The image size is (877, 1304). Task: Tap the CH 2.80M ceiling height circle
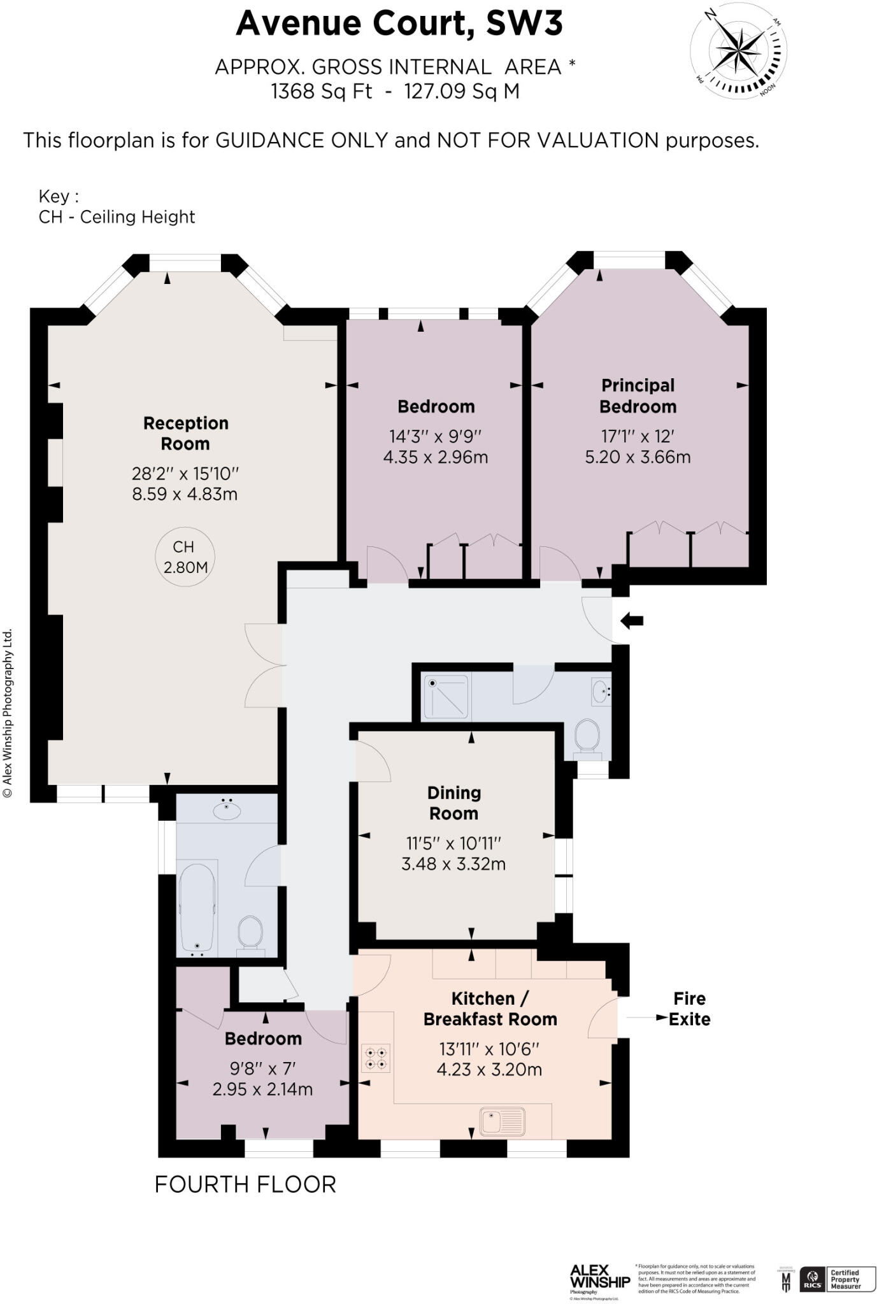tap(185, 556)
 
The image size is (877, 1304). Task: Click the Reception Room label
tap(185, 433)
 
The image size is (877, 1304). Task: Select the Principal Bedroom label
tap(638, 395)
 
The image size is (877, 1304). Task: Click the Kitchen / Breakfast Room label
tap(490, 1009)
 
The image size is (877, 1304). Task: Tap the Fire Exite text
tap(689, 1009)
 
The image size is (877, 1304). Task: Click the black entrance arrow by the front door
tap(632, 620)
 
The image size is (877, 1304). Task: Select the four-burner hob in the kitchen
tap(375, 1058)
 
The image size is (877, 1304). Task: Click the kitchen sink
tap(503, 1121)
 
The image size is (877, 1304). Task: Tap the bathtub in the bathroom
tap(197, 907)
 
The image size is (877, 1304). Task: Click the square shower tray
tap(446, 697)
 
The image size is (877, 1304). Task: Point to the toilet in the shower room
tap(587, 737)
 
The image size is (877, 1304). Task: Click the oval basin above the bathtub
tap(227, 810)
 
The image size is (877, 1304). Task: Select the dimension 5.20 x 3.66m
tap(638, 457)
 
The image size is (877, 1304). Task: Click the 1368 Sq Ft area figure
tap(321, 92)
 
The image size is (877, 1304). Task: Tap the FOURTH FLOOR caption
tap(245, 1185)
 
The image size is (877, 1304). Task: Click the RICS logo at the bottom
tap(811, 1279)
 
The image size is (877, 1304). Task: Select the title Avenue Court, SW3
tap(399, 24)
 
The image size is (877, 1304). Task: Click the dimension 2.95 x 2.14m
tap(262, 1089)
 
